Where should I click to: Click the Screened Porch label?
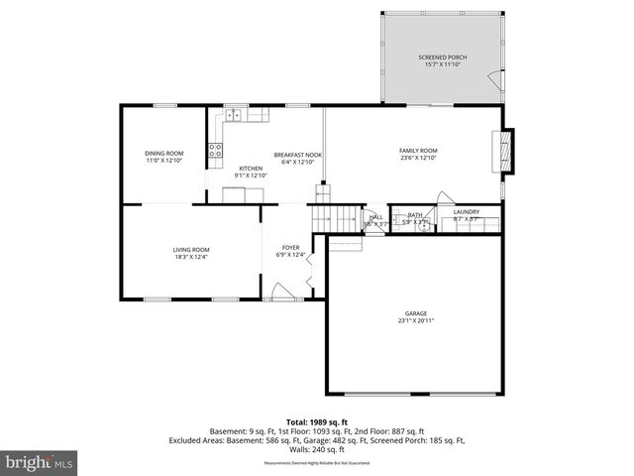[442, 58]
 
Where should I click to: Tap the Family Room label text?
[418, 151]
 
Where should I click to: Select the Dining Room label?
[163, 153]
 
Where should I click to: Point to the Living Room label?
[191, 249]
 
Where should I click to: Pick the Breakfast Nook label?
[298, 155]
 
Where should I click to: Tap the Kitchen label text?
[251, 169]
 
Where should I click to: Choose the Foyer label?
[290, 248]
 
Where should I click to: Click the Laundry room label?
[467, 212]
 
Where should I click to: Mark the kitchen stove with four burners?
[214, 151]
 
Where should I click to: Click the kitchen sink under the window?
[235, 115]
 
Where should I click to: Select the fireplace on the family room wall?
[508, 151]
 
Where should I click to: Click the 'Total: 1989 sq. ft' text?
[315, 421]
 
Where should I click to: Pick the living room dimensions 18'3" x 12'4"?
[191, 257]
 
